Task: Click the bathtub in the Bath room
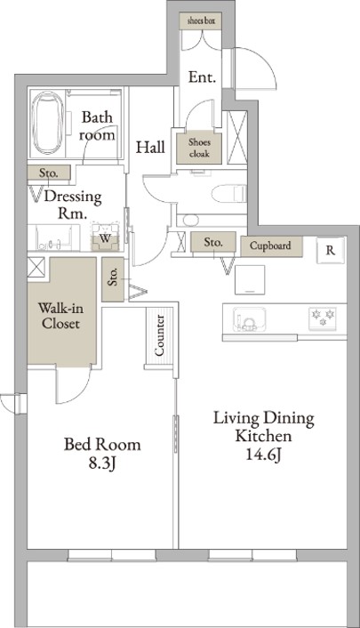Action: [47, 123]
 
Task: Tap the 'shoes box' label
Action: [200, 20]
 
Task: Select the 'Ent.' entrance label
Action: [202, 76]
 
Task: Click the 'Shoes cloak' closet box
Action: [199, 148]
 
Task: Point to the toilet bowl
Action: [228, 193]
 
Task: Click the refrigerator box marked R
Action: [331, 250]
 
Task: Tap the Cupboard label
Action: [270, 246]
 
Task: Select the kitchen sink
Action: [249, 319]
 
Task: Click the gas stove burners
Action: [323, 318]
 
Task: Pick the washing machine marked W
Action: [105, 238]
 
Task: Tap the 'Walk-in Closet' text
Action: [60, 316]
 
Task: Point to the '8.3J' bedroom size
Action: [102, 463]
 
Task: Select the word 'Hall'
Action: [150, 148]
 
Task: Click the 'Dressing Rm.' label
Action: [73, 205]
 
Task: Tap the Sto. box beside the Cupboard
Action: [213, 242]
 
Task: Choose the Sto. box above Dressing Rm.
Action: [49, 173]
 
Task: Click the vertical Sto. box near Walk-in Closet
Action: [113, 279]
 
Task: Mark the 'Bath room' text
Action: [97, 125]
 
